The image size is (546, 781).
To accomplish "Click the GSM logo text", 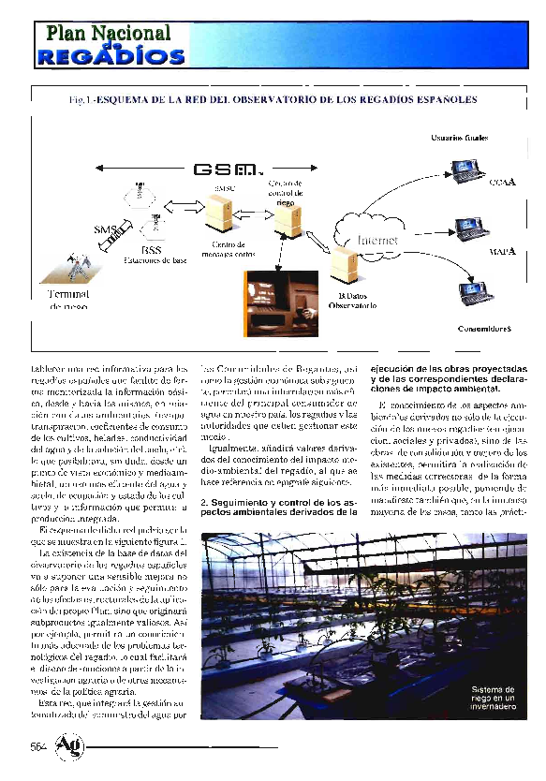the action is pos(224,170).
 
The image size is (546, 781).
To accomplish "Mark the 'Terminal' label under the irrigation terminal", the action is pos(66,294).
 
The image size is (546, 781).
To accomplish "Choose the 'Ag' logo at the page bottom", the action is pos(69,746).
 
